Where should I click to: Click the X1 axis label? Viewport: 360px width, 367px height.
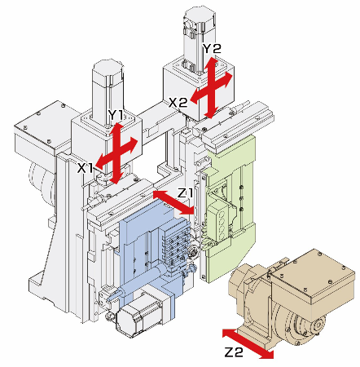(x=86, y=169)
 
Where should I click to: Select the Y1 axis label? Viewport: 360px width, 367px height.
(x=116, y=115)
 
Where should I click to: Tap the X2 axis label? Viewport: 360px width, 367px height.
(x=178, y=103)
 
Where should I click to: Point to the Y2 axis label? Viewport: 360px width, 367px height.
(x=213, y=49)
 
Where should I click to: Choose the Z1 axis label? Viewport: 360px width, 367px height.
(x=186, y=193)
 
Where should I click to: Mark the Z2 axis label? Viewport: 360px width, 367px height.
(x=234, y=352)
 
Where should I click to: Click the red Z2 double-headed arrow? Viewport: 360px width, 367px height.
(x=248, y=344)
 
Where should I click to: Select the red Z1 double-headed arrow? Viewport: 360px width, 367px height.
(x=173, y=202)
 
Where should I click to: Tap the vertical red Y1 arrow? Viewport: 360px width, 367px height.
(x=116, y=153)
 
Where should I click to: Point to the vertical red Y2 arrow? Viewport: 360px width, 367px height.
(x=211, y=88)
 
